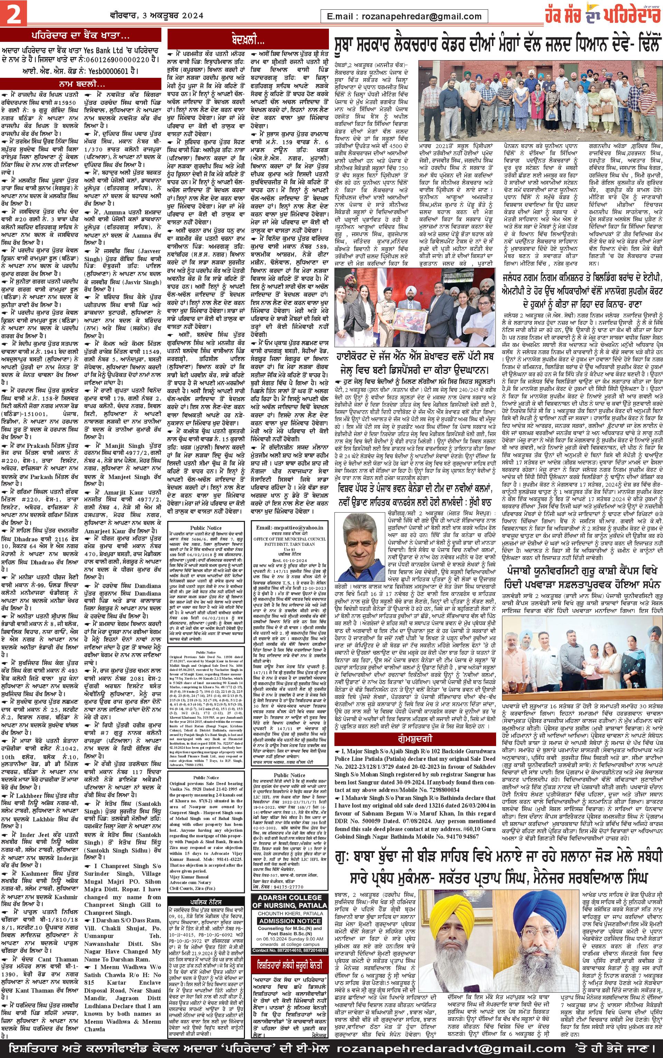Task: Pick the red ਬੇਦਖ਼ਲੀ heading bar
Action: pyautogui.click(x=248, y=40)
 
